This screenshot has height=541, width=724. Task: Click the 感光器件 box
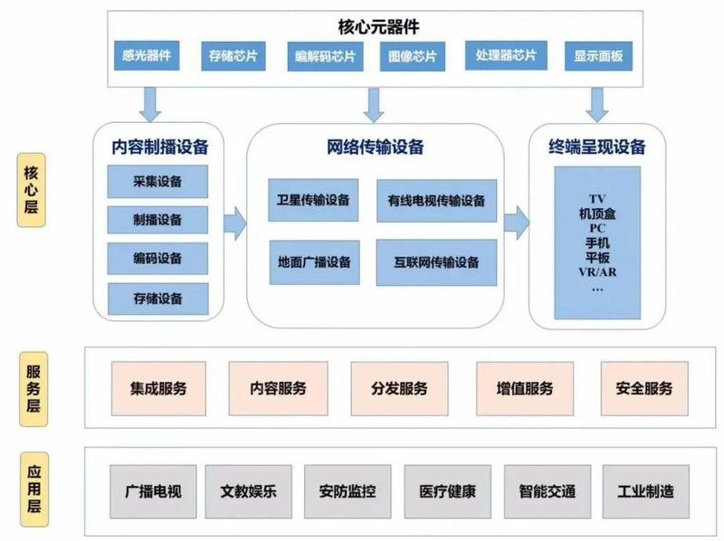pos(146,55)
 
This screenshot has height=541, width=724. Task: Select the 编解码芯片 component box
pos(324,57)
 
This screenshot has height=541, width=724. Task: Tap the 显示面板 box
pos(597,55)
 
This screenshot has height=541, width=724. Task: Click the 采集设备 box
pos(157,181)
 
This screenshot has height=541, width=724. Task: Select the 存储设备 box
pos(157,298)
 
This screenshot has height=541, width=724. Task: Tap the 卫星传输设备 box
pos(313,200)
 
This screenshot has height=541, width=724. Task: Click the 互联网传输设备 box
pos(436,262)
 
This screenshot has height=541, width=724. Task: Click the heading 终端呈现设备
pos(596,147)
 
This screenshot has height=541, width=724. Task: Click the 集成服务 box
pos(157,388)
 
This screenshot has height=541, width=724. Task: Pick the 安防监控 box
pos(348,492)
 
